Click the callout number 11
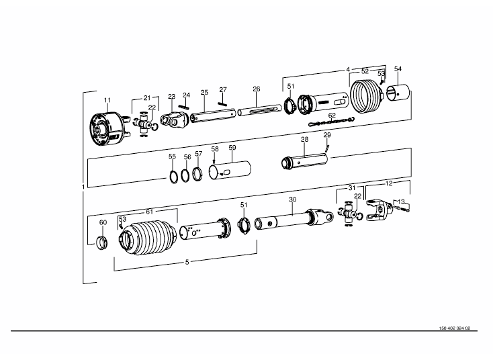(107, 100)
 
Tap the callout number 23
(171, 97)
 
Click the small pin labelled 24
(183, 107)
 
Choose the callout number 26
(257, 89)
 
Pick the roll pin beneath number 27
(222, 103)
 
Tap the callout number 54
(398, 69)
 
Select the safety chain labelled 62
(331, 122)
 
